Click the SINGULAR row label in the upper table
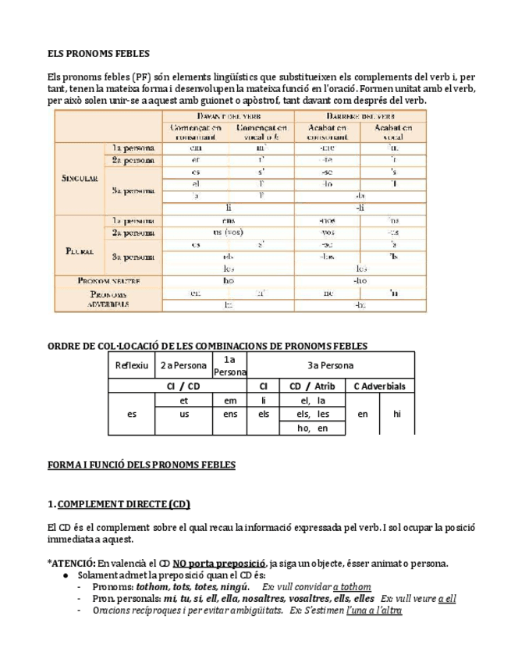(x=79, y=178)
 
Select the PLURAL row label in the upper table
(x=79, y=251)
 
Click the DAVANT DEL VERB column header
(x=227, y=115)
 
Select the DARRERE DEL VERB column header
(x=360, y=115)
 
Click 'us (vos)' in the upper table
(x=228, y=233)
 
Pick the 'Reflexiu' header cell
(x=132, y=365)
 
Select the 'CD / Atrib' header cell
(x=311, y=386)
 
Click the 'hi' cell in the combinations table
(x=397, y=414)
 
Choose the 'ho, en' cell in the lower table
(x=311, y=428)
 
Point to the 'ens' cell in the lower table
(x=230, y=414)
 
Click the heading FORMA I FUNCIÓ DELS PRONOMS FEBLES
(x=141, y=464)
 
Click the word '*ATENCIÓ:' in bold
(x=73, y=563)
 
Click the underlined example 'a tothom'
(x=351, y=587)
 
